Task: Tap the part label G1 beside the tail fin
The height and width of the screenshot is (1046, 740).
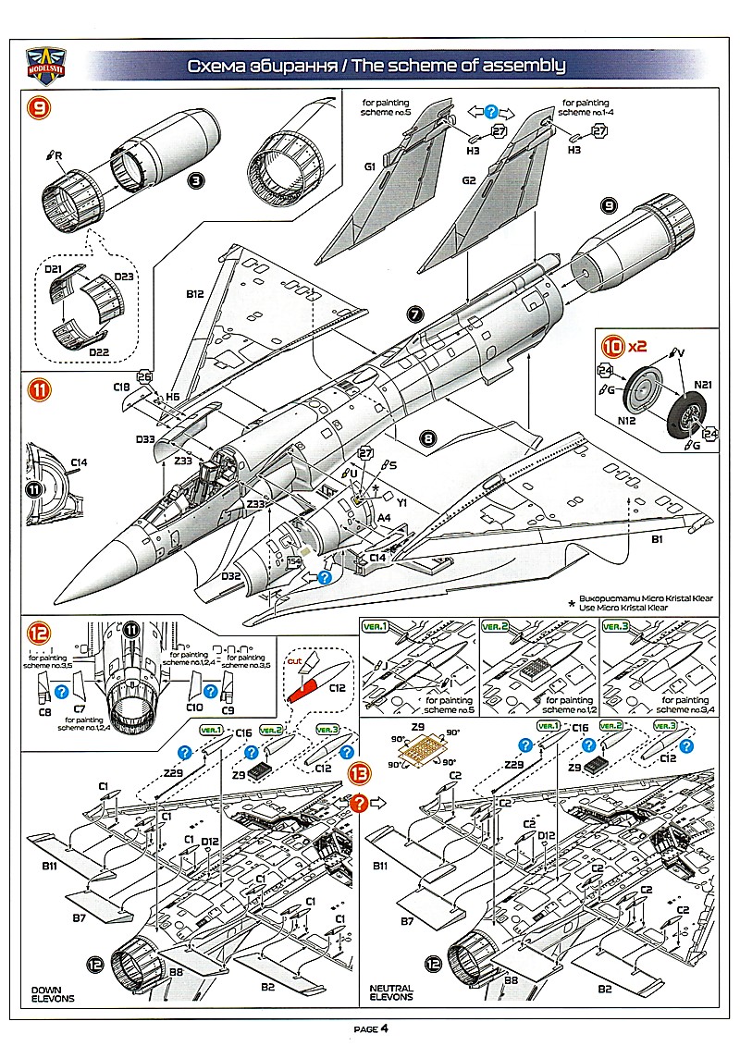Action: point(370,167)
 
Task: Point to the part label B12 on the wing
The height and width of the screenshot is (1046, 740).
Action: point(193,294)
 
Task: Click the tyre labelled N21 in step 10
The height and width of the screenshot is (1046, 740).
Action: point(685,418)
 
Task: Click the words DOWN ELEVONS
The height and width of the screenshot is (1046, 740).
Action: point(53,993)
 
